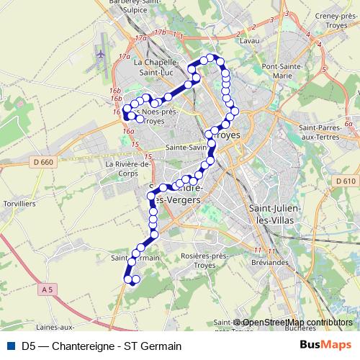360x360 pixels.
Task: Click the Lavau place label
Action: coord(249,42)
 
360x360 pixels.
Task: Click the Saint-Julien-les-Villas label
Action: coord(274,214)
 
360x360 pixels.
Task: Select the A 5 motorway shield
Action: coord(48,289)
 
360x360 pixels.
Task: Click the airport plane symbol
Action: coord(100,53)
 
